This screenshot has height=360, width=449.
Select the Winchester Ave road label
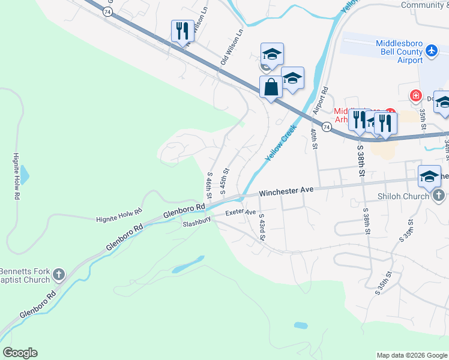point(287,191)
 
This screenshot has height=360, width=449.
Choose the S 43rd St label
point(262,226)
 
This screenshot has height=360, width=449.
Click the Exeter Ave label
point(241,212)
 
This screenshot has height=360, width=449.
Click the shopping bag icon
point(271,88)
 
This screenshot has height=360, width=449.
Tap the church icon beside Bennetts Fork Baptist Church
point(58,275)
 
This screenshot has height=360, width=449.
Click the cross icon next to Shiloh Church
point(439,196)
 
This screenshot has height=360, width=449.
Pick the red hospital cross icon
point(415,95)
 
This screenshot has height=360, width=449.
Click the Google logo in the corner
point(20,353)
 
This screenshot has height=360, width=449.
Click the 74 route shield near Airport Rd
point(326,127)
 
